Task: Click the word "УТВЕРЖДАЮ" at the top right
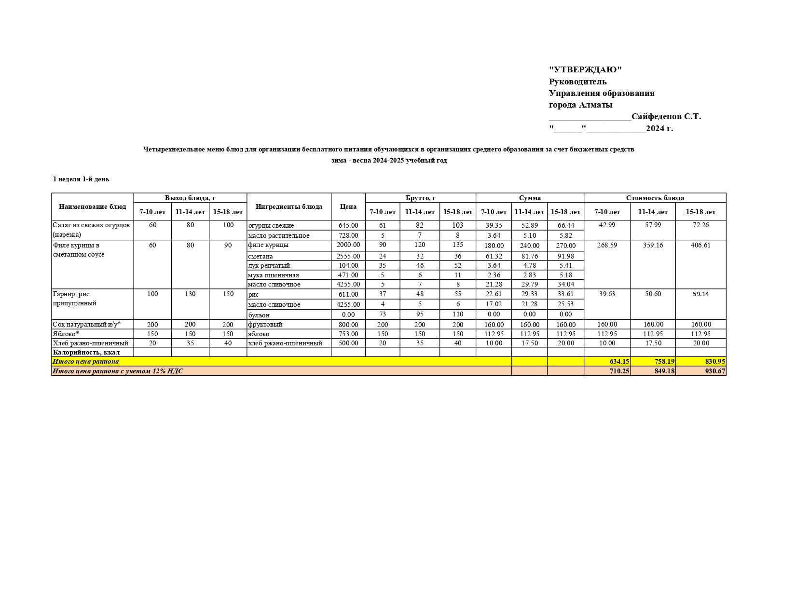coord(585,70)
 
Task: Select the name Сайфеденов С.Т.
coord(666,116)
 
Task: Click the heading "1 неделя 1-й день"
coord(81,179)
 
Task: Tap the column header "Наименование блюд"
coord(92,206)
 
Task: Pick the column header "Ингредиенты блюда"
coord(288,206)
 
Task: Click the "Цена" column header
coord(348,206)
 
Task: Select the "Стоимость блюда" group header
coord(655,198)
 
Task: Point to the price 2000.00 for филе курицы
coord(348,245)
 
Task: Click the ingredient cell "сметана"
coord(261,256)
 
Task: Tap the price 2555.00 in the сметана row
coord(348,256)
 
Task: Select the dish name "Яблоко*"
coord(66,334)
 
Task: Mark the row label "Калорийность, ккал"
coord(86,352)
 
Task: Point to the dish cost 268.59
coord(607,245)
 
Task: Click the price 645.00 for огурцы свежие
coord(348,225)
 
